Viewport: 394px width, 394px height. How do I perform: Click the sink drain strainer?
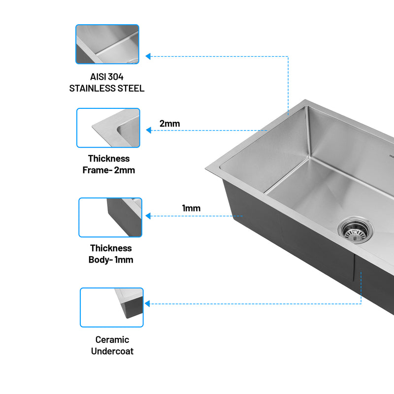355,230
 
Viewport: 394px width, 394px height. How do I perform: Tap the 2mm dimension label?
169,124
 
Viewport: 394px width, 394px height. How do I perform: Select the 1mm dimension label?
191,208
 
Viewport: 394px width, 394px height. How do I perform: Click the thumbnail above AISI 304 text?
107,44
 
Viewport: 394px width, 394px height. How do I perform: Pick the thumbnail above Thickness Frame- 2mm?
108,128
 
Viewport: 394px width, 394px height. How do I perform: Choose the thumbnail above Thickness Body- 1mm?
110,217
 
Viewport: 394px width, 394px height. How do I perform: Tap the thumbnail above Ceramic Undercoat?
112,307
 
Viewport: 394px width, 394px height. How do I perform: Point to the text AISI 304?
107,77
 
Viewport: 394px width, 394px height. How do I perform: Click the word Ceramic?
112,339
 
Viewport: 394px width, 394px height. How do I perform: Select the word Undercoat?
112,351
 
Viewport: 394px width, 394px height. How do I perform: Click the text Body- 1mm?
111,260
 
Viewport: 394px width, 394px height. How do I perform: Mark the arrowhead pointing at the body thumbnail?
148,216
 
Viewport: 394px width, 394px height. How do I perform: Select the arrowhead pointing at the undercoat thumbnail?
147,304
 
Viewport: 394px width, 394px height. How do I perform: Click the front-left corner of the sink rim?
207,170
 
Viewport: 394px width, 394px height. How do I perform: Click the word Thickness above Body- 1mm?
111,248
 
